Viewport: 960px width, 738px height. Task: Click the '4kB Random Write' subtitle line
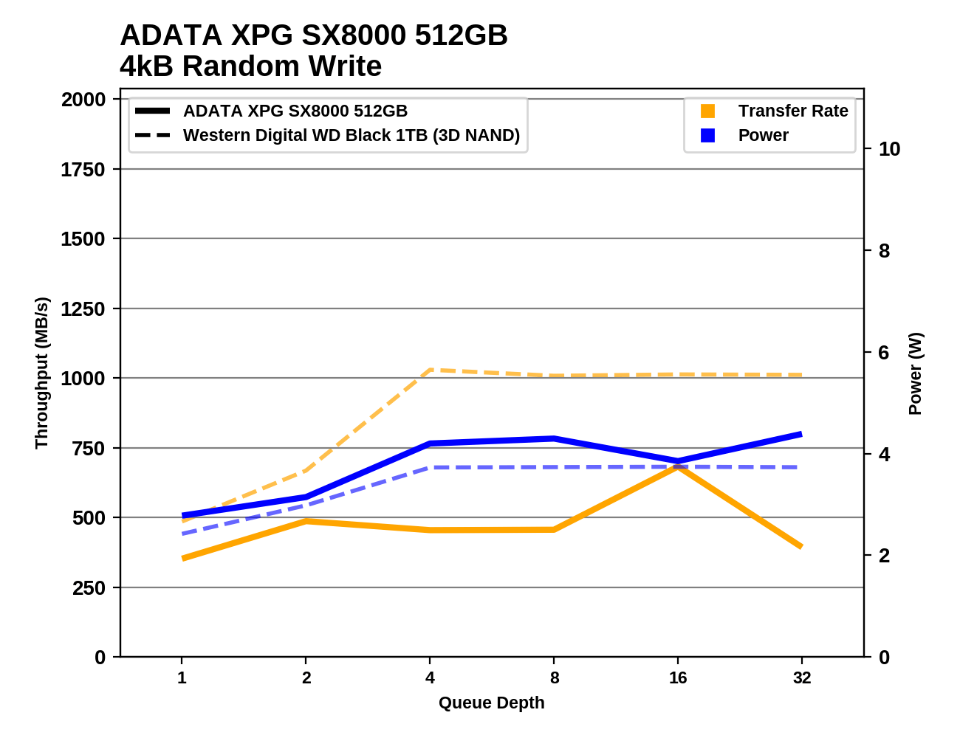[x=250, y=66]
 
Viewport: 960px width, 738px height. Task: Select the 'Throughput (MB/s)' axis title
[x=41, y=373]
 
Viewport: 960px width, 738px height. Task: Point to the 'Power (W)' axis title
[x=915, y=373]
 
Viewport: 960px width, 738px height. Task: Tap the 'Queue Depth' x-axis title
[x=491, y=703]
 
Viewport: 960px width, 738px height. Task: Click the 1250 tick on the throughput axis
[x=83, y=308]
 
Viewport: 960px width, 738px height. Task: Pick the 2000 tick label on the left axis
[x=83, y=100]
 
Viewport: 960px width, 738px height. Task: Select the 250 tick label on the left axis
[x=89, y=588]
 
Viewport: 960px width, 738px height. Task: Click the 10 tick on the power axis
[x=889, y=149]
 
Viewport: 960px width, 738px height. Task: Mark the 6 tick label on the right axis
[x=884, y=353]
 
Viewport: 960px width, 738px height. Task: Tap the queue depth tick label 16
[x=678, y=677]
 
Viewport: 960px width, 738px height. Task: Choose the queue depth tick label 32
[x=802, y=677]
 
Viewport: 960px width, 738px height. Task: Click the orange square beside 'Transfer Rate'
[x=707, y=111]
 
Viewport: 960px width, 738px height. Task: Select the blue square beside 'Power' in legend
[x=707, y=136]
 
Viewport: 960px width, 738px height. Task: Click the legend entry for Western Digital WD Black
[x=351, y=136]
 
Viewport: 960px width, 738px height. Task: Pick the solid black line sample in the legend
[x=153, y=111]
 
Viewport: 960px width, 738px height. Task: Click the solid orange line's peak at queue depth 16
[x=678, y=467]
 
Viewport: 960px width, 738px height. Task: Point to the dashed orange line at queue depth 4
[x=430, y=370]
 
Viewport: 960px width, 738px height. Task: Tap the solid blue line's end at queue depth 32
[x=801, y=434]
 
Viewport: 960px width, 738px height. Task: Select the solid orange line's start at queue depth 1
[x=182, y=558]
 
